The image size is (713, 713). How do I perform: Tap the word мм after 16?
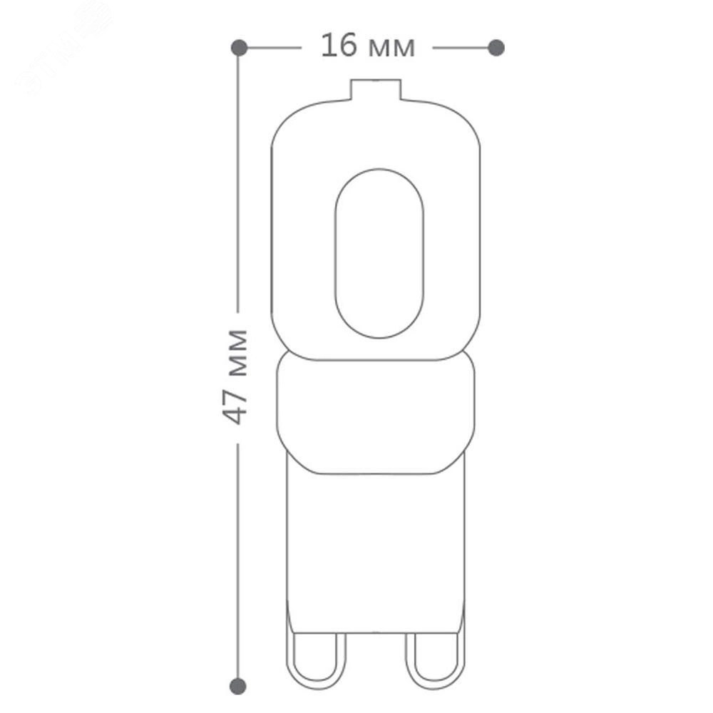[392, 48]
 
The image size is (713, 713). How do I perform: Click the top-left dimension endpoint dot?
[239, 48]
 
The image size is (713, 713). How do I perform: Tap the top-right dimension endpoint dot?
[496, 48]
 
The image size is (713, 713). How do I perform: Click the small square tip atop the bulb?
[376, 90]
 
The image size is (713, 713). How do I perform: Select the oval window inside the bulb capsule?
[379, 169]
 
